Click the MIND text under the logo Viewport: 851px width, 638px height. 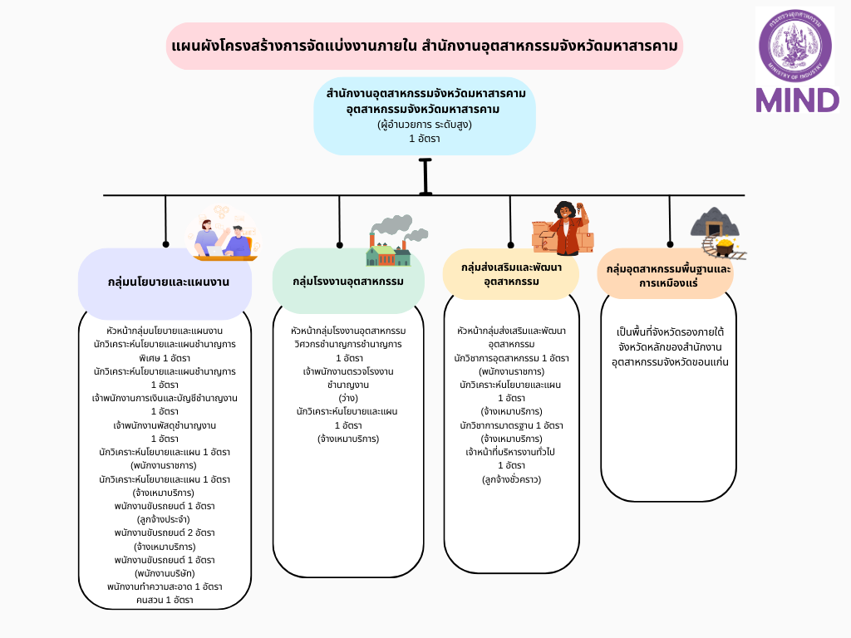(x=797, y=100)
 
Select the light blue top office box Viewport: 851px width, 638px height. (x=425, y=115)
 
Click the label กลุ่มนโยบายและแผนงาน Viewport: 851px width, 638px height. (x=169, y=282)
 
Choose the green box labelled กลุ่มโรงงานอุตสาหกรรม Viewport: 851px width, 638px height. (x=348, y=282)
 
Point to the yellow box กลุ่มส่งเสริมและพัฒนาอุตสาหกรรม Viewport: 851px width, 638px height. (x=511, y=274)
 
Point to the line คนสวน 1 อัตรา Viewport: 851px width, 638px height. (x=165, y=600)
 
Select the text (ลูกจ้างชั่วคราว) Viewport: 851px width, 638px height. (x=511, y=478)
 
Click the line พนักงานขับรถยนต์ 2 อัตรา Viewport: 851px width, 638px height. (x=165, y=532)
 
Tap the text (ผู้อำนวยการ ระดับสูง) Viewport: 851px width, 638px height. (x=425, y=125)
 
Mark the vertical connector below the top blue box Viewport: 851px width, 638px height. (x=425, y=176)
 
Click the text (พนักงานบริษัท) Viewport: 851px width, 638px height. (x=165, y=573)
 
